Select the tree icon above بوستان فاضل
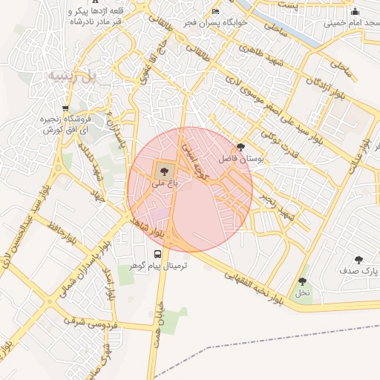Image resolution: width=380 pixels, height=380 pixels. pyautogui.click(x=240, y=148)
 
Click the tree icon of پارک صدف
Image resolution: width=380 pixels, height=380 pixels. pyautogui.click(x=358, y=260)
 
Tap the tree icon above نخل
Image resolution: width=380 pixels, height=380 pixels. pyautogui.click(x=302, y=281)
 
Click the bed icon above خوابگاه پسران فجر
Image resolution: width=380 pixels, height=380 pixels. pyautogui.click(x=215, y=12)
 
